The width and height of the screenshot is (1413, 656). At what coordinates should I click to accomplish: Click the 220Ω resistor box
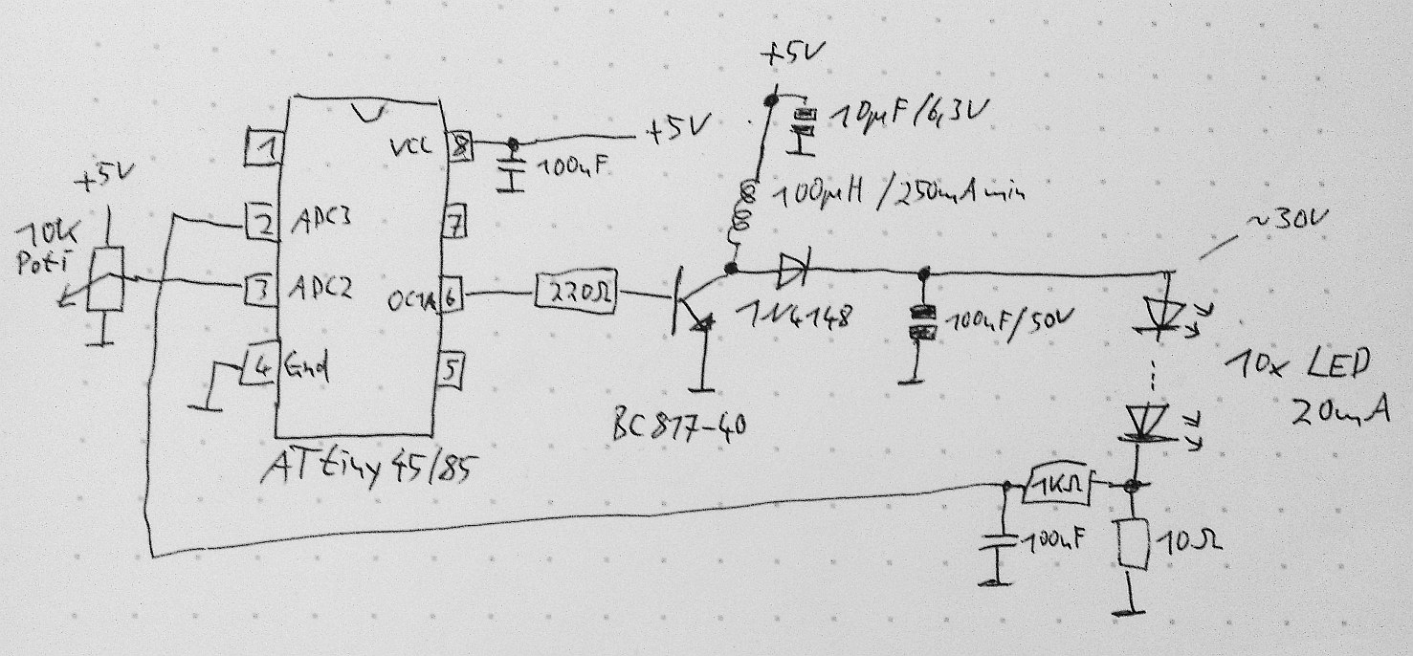577,294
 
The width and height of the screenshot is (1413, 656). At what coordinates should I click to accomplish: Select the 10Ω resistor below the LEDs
1132,544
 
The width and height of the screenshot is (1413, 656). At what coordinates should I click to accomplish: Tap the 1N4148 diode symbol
793,271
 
